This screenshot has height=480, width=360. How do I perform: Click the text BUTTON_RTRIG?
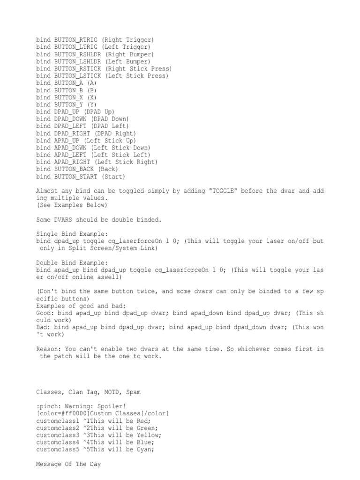point(75,40)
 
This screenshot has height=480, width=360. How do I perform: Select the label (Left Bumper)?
point(127,61)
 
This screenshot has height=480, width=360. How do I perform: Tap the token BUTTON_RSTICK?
point(77,68)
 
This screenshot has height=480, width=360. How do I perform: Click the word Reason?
point(48,349)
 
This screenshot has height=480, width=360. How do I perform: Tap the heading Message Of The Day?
point(70,464)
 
